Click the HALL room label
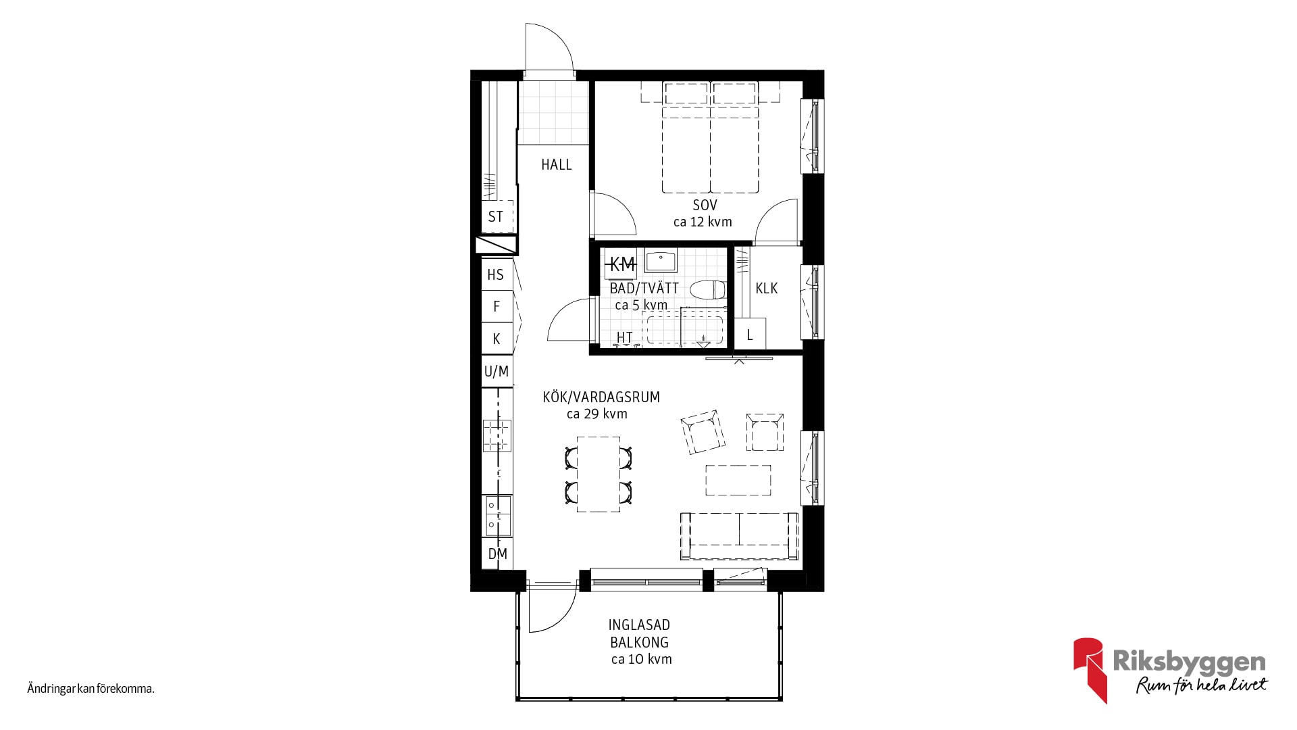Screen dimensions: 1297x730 pos(556,164)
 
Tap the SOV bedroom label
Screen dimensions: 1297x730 pos(705,205)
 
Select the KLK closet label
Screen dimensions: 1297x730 pos(766,288)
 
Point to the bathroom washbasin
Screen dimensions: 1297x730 pos(661,261)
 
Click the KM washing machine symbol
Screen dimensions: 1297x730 pos(621,264)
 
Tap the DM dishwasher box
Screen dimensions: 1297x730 pos(497,554)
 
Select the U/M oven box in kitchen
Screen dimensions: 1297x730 pos(497,371)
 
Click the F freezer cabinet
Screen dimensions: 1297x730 pos(497,306)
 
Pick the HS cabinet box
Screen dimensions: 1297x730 pos(497,274)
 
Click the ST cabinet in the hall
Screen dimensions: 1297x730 pos(497,216)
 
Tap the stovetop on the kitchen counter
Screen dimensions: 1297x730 pos(497,436)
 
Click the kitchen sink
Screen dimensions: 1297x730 pos(497,516)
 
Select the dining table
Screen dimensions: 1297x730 pos(599,474)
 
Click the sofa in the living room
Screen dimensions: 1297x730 pos(739,535)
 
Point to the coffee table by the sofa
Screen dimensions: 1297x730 pos(738,481)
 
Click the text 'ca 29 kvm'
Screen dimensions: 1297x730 pos(597,414)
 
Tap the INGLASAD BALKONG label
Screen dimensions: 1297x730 pos(639,633)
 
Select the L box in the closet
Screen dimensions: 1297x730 pos(750,334)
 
